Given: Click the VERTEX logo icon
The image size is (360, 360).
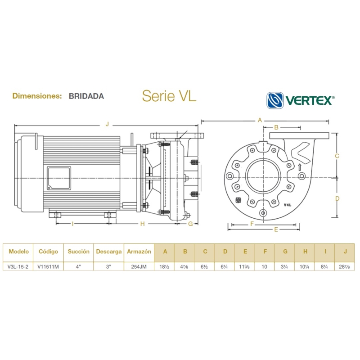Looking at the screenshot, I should coord(275,100).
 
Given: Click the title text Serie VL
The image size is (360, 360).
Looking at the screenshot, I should coord(169,96).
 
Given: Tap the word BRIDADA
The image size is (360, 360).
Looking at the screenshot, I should coord(86,96).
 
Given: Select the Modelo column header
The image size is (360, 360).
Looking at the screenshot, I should coord(18,252).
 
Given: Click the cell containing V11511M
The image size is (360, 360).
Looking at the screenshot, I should coord(48,266).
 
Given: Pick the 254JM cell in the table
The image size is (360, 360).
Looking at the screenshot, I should coord(139,266).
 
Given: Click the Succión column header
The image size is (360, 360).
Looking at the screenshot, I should coord(79,252).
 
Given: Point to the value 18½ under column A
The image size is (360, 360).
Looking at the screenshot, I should coord(165,266).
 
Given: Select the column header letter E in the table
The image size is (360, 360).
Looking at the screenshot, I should coord(245,252).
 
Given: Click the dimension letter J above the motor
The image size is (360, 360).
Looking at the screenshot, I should coord(107,123).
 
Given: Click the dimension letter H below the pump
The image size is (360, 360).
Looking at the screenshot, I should coord(142,224).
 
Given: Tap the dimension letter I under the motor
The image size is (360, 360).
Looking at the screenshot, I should coord(72,224).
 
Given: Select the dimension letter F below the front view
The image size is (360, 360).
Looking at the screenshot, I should coord(252,224).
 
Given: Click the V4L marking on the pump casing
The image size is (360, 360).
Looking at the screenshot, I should coord(288,205).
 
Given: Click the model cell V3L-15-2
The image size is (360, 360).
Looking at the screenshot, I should coord(18,266).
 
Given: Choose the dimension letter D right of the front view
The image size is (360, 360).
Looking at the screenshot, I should coord(337,198).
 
